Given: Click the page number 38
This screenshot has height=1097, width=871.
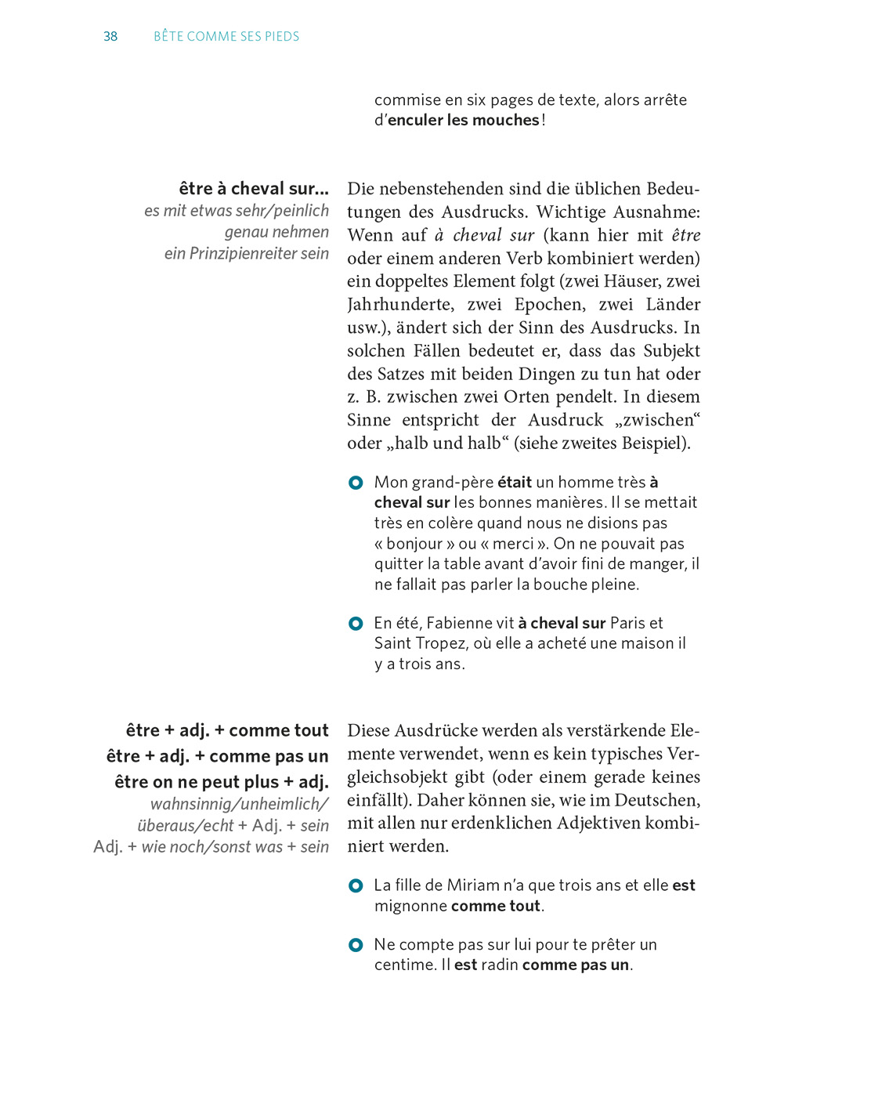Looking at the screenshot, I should click(110, 37).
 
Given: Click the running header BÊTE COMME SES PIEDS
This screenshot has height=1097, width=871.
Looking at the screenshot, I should click(226, 37).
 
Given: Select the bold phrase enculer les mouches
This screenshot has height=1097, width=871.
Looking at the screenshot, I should click(464, 120).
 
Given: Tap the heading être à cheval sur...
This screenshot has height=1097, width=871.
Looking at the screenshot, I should click(253, 189).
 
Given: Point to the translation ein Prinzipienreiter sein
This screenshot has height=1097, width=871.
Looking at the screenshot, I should click(246, 254).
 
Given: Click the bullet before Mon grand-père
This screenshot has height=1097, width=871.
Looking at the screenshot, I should click(356, 483).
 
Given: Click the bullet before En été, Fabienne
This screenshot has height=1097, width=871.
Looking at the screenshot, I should click(356, 624).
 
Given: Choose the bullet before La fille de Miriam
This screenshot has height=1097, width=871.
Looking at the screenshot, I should click(356, 885).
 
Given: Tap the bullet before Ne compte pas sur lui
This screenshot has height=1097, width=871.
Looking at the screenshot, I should click(356, 945).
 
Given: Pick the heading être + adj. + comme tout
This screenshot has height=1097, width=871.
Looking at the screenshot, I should click(227, 730).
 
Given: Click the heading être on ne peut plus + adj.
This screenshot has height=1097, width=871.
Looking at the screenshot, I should click(221, 782).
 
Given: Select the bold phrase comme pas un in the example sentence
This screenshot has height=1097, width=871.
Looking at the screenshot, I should click(576, 965).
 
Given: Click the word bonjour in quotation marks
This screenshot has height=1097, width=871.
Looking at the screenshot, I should click(421, 544).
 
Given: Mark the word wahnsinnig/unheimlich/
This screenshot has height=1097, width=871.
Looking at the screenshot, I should click(239, 804).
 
